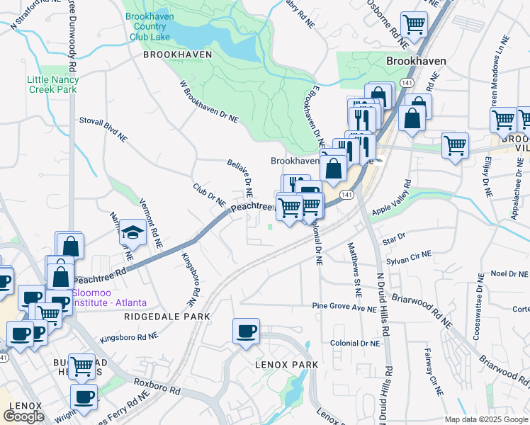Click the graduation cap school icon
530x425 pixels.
(x=132, y=232)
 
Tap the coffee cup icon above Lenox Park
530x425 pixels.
(x=246, y=331)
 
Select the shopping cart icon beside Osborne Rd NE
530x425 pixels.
(x=414, y=25)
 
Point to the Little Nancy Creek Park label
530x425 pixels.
(x=53, y=84)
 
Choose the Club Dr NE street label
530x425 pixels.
(x=209, y=196)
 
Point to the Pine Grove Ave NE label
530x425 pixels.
(x=345, y=307)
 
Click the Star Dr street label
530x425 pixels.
(x=393, y=235)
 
